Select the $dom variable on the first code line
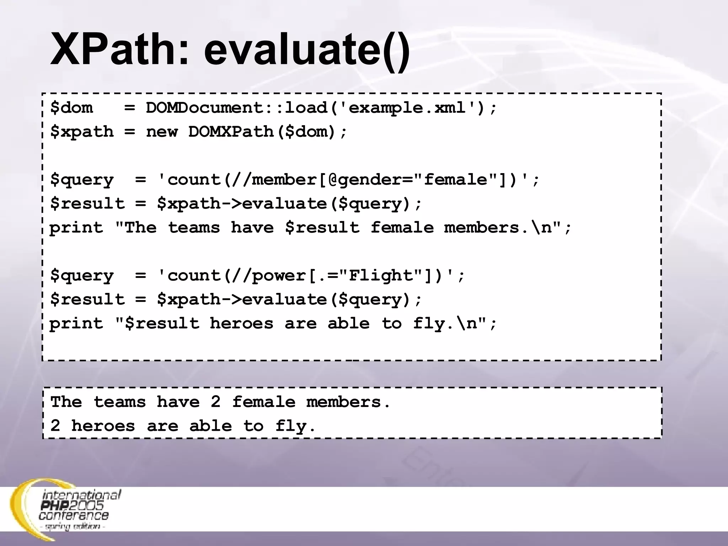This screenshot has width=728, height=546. point(71,108)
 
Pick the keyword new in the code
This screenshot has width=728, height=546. point(162,132)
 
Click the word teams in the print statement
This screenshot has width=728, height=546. point(194,228)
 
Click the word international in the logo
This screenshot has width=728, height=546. point(82,495)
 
